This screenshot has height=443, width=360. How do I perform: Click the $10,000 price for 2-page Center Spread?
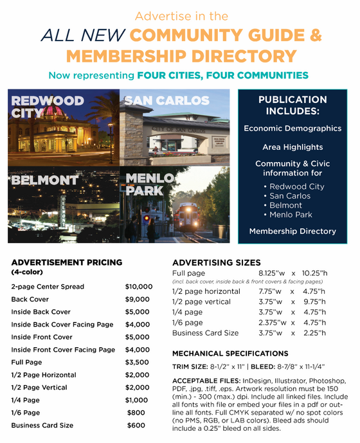click(x=139, y=286)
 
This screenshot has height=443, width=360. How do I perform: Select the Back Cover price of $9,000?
click(x=139, y=299)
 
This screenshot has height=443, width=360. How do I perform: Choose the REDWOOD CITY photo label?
click(x=47, y=107)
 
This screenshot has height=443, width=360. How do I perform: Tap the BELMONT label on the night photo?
click(x=44, y=181)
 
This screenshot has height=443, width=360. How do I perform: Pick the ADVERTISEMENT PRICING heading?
click(x=66, y=262)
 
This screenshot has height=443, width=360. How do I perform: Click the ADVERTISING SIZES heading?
click(x=217, y=262)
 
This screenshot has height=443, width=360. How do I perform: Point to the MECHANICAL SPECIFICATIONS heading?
click(x=230, y=354)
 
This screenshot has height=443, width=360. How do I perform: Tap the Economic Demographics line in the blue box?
click(x=292, y=129)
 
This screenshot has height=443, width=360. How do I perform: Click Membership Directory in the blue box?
click(x=292, y=231)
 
